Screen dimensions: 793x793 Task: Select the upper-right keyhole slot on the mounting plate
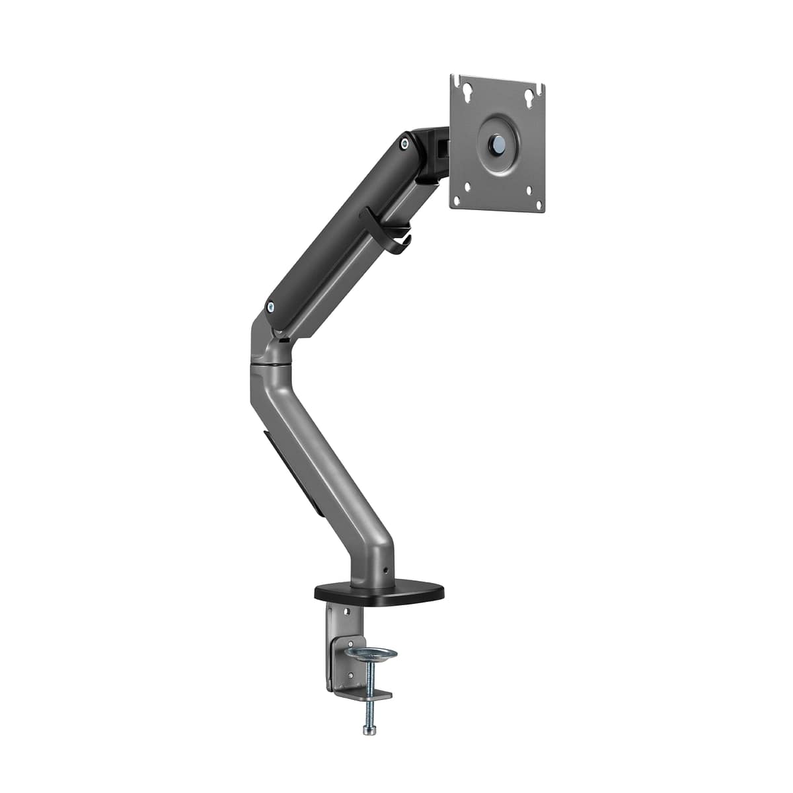[529, 96]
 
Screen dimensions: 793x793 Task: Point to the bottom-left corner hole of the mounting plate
[468, 186]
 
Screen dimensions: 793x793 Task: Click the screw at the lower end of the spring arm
[270, 305]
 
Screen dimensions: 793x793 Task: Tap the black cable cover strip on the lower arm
[291, 473]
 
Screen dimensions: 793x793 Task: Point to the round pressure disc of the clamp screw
[371, 654]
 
